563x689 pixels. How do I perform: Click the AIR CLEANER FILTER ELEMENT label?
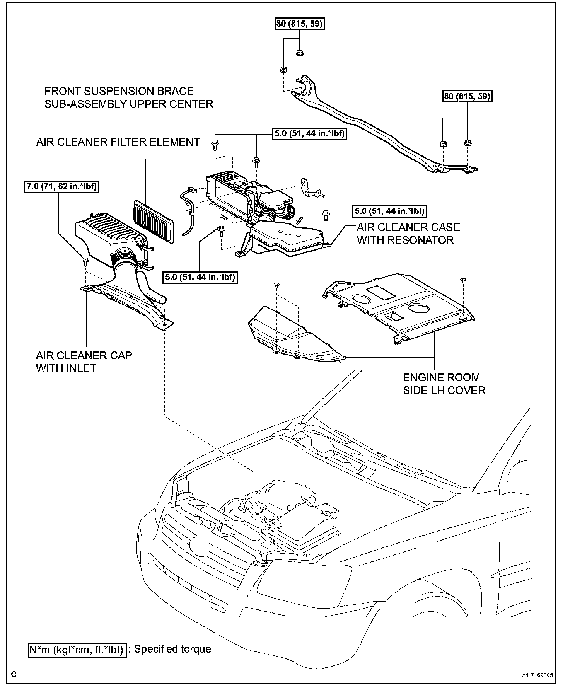(118, 142)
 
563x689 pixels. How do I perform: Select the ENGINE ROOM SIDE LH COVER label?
(444, 384)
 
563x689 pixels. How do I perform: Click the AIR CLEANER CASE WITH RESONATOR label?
(408, 234)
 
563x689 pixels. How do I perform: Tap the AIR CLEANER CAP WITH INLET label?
(84, 362)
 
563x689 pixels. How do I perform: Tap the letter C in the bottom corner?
(14, 674)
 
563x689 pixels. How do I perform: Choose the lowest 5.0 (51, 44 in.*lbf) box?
(200, 277)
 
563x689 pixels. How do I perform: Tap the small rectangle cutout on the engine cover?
(381, 292)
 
